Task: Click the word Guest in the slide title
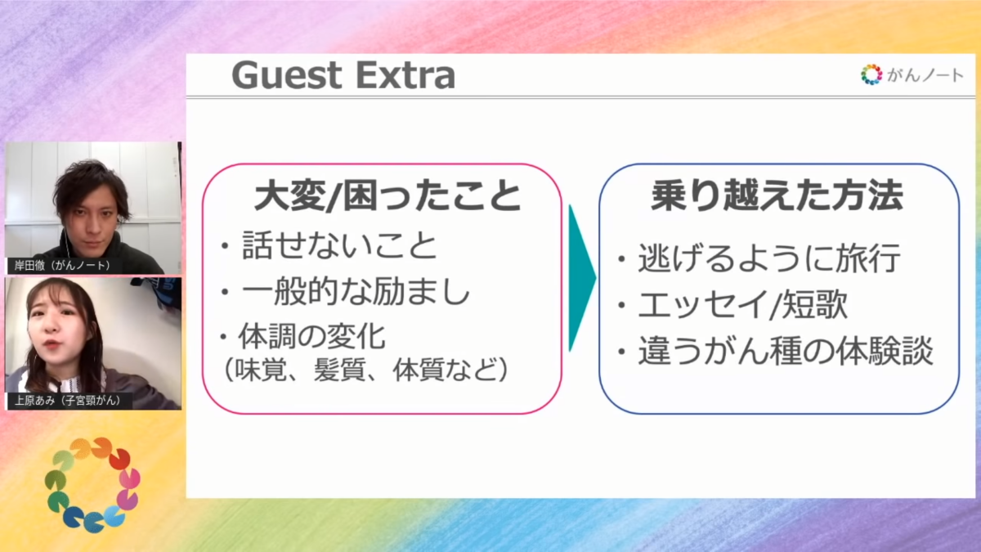(x=286, y=75)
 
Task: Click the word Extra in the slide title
(x=405, y=75)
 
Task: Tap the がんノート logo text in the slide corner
(x=925, y=75)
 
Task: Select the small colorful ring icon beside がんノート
(x=871, y=74)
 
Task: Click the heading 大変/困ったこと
(x=387, y=195)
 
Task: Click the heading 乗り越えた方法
(x=777, y=195)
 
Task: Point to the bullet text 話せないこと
(x=339, y=245)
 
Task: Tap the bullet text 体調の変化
(x=311, y=336)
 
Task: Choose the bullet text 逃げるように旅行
(x=768, y=258)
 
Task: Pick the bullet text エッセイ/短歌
(x=743, y=304)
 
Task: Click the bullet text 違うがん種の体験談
(x=786, y=351)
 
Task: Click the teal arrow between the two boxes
(x=581, y=278)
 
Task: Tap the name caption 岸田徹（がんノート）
(x=62, y=266)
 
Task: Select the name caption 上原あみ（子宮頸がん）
(x=68, y=401)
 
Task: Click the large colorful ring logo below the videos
(x=92, y=484)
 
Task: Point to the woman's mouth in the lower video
(x=52, y=344)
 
